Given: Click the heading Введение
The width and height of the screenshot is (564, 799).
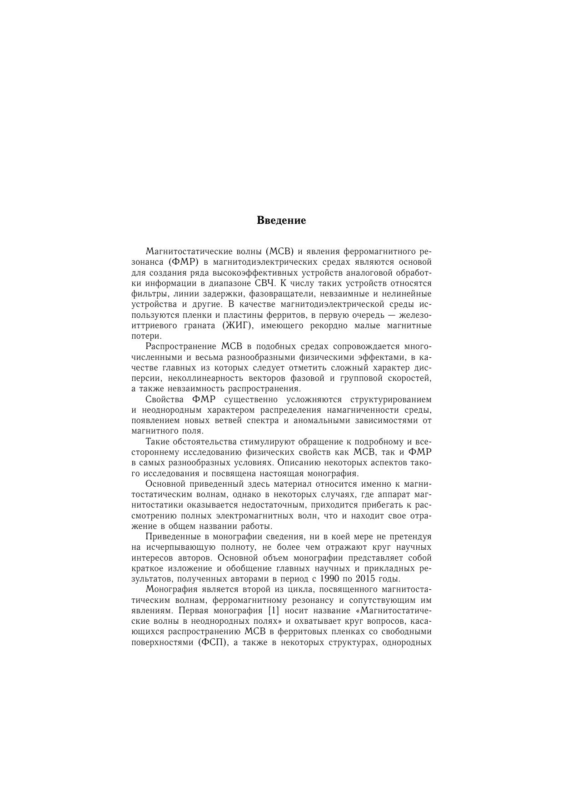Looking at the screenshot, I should click(x=281, y=221).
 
